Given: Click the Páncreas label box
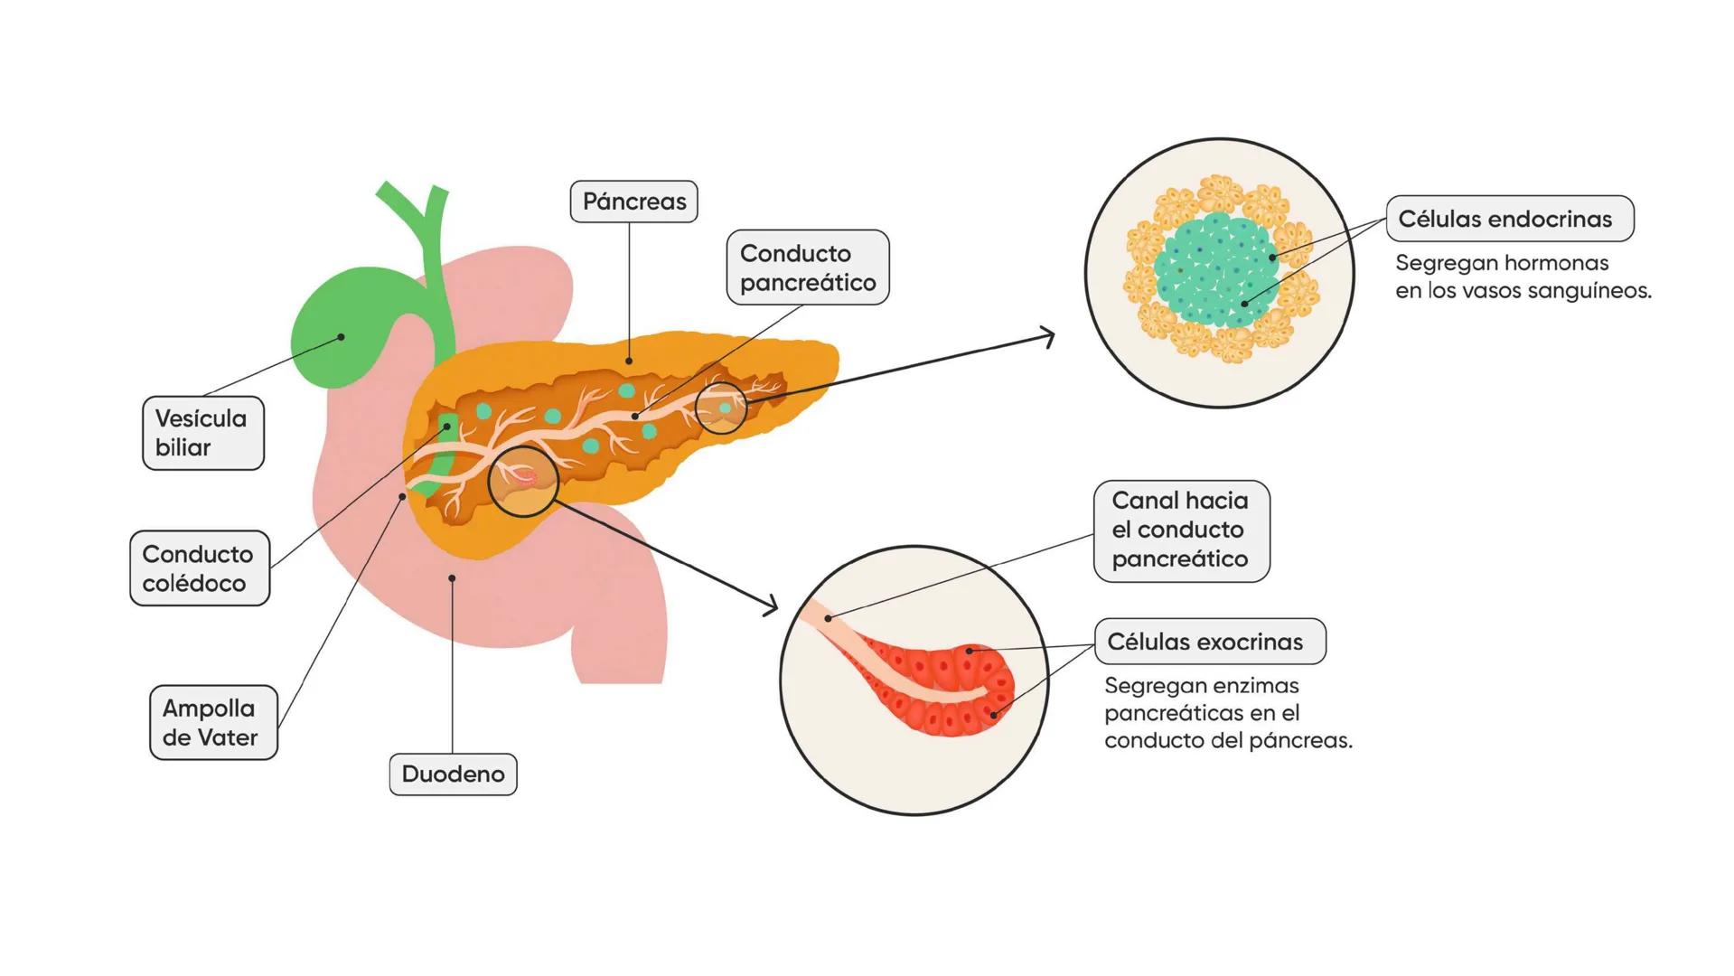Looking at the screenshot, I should click(x=633, y=202).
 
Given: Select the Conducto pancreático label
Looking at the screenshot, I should click(x=807, y=267).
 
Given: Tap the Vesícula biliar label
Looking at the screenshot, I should click(x=202, y=433).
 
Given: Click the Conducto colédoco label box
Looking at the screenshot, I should click(x=199, y=568).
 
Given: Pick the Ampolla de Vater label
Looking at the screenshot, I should click(x=212, y=723).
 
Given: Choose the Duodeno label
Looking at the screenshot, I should click(x=453, y=774).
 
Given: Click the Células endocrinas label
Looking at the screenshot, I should click(x=1509, y=219).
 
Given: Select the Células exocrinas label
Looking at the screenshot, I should click(x=1209, y=642).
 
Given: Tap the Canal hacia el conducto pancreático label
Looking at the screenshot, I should click(x=1180, y=530).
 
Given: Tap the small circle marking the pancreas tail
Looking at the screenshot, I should click(x=721, y=408).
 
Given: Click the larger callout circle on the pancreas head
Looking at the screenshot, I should click(x=522, y=481).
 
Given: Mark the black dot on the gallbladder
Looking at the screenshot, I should click(x=341, y=337).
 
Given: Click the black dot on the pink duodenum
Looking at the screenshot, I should click(x=452, y=577).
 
